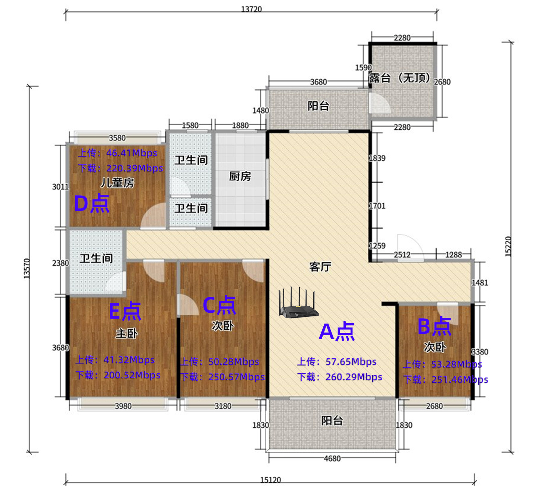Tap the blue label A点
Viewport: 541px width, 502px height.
pyautogui.click(x=337, y=332)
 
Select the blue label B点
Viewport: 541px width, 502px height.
pyautogui.click(x=434, y=326)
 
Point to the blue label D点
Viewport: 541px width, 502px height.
pyautogui.click(x=92, y=203)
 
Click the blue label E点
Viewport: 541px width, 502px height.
pyautogui.click(x=125, y=311)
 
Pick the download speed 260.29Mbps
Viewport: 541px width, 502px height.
pyautogui.click(x=354, y=377)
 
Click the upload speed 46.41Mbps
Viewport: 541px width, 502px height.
pyautogui.click(x=131, y=153)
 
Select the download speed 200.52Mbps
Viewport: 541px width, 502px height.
pyautogui.click(x=132, y=375)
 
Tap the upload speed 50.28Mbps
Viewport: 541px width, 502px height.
pyautogui.click(x=234, y=361)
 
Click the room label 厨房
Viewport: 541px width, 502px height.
pyautogui.click(x=240, y=176)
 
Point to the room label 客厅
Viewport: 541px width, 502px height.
pyautogui.click(x=320, y=267)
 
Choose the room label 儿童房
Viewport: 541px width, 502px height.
pyautogui.click(x=117, y=183)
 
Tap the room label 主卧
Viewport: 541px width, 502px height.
pyautogui.click(x=127, y=334)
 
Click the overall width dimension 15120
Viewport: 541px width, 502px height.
pyautogui.click(x=270, y=480)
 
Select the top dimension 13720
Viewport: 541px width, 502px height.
pyautogui.click(x=251, y=9)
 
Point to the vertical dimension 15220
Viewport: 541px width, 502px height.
pyautogui.click(x=508, y=246)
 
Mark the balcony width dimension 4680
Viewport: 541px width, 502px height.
pyautogui.click(x=332, y=458)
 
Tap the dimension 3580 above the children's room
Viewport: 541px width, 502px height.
pyautogui.click(x=117, y=138)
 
